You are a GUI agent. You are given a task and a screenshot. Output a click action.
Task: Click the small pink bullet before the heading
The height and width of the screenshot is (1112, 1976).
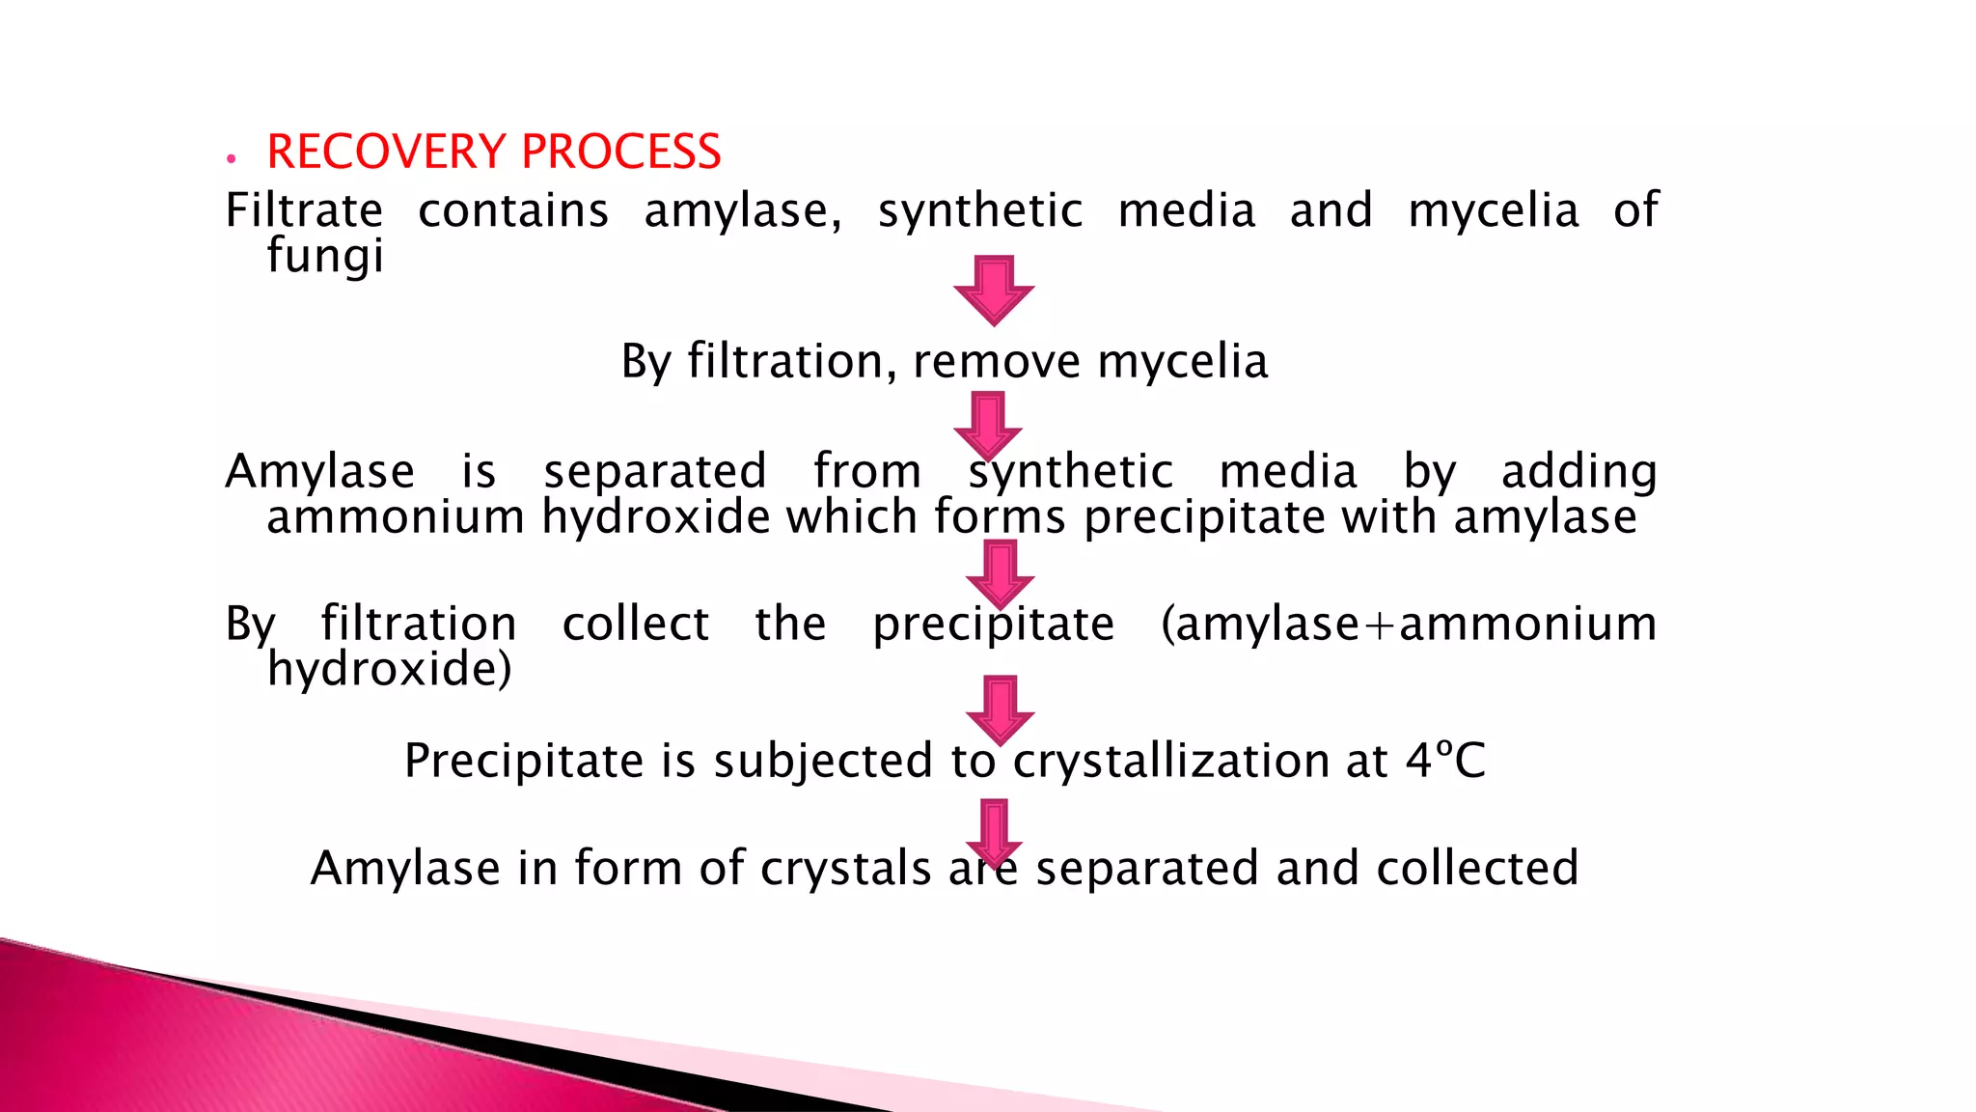[231, 158]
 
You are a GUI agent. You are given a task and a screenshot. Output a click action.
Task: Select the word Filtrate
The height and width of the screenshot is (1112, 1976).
[304, 210]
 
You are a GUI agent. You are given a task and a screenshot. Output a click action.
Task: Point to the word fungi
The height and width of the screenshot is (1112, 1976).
[325, 257]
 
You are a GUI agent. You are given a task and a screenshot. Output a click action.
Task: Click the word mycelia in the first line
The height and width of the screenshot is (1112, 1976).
[1493, 210]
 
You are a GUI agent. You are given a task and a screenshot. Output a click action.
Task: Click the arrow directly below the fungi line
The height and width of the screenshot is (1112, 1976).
[994, 290]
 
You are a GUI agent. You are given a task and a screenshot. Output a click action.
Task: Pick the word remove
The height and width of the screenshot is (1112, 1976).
[997, 362]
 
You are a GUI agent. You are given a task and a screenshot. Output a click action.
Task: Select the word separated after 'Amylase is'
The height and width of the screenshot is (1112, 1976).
[655, 472]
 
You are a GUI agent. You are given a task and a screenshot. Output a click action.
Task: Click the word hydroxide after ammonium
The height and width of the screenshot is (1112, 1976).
[656, 517]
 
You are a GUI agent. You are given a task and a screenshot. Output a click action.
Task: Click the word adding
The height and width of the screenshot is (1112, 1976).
[1578, 472]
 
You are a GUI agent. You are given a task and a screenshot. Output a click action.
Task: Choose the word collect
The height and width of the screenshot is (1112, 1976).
[636, 624]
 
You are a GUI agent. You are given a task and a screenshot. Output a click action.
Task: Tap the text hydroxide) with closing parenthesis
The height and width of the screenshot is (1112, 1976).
[389, 669]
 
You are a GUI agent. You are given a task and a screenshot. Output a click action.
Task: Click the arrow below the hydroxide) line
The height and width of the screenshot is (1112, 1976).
[1000, 709]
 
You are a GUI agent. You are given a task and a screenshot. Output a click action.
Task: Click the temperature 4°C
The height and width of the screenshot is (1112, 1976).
[1444, 761]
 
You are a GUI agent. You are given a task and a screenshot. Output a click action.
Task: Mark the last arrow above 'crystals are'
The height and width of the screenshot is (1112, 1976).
[994, 830]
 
